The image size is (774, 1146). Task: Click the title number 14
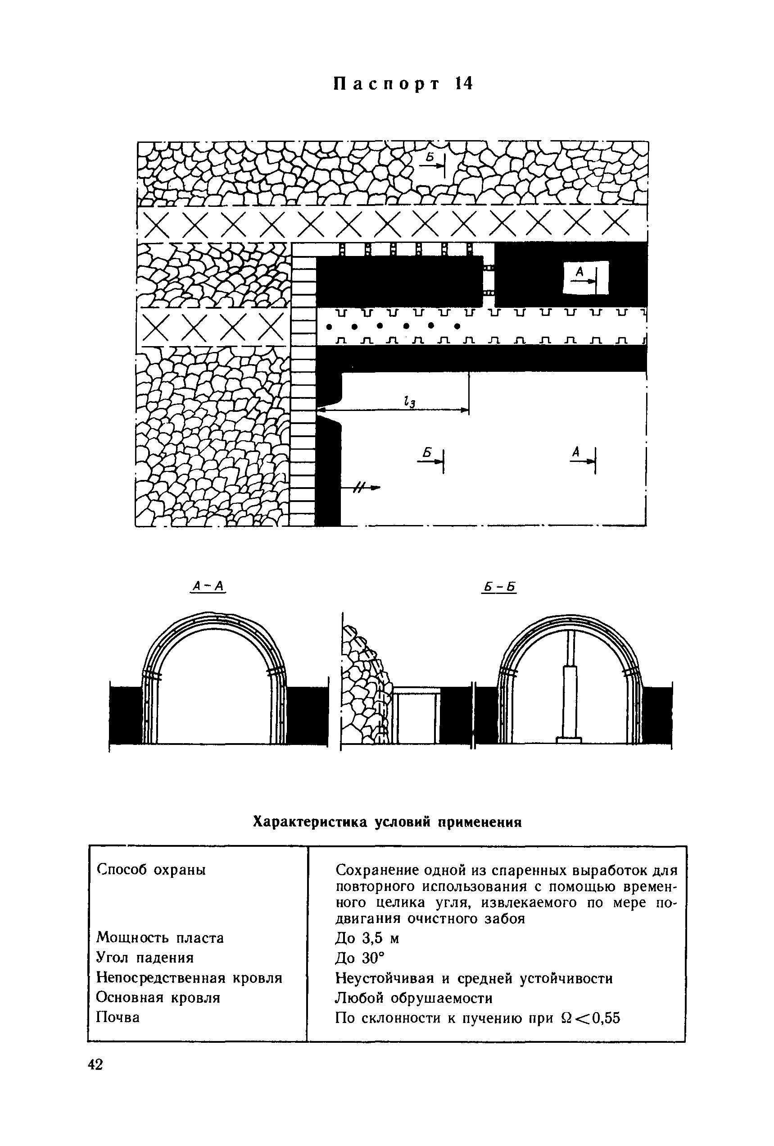tap(464, 84)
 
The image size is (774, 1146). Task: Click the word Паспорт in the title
tap(386, 84)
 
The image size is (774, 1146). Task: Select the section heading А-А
tap(208, 586)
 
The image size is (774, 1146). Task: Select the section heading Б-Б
tap(499, 587)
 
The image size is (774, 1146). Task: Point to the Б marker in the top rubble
tap(430, 157)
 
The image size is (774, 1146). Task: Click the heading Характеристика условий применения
tap(387, 822)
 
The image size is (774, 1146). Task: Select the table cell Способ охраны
tap(151, 869)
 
